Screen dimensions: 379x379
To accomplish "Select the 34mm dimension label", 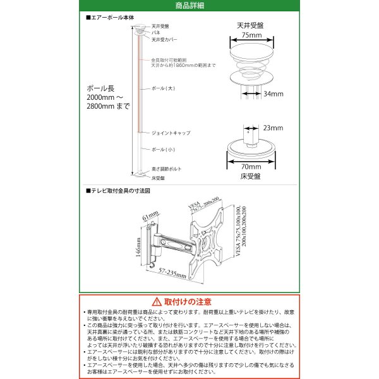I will pos(274,93).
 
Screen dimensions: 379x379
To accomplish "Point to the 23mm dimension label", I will pos(273,127).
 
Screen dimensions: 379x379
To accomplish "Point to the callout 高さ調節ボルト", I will pos(165,170).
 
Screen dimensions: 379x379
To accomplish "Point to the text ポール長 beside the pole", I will pos(100,88).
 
